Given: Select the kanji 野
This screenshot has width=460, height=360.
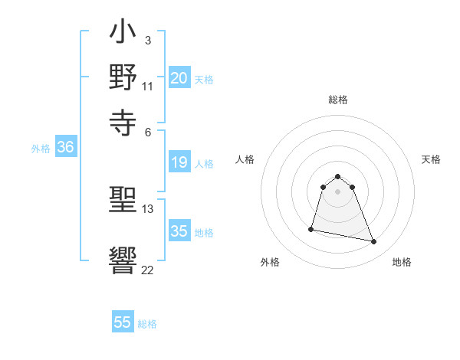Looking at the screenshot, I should (x=123, y=78).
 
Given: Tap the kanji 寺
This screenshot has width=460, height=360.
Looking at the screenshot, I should (x=123, y=121).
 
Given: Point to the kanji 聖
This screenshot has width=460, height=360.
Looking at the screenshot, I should (x=123, y=202).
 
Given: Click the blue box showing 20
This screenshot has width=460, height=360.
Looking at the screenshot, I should (x=179, y=78).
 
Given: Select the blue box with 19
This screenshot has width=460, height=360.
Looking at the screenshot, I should (x=179, y=162).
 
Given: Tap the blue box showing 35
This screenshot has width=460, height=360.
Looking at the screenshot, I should (x=179, y=231).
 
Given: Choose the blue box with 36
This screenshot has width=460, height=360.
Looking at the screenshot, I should (x=65, y=148).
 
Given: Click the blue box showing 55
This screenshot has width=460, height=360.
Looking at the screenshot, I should (x=123, y=322).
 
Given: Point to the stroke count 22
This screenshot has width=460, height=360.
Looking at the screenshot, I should (x=148, y=270).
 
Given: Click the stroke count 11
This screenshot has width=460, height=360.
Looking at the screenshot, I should (x=148, y=87).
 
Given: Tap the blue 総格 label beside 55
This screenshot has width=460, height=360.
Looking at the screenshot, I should (x=147, y=324).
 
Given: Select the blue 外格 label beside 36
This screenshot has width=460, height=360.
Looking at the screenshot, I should (x=40, y=149).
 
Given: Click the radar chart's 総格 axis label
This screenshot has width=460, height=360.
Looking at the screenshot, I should (x=338, y=100).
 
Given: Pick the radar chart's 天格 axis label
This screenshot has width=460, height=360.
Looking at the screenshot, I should (x=431, y=159).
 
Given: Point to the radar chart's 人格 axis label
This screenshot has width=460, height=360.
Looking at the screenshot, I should (x=245, y=159).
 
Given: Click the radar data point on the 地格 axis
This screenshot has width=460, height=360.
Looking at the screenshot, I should (x=374, y=242).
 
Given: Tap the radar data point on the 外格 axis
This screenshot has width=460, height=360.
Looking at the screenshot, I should (x=311, y=228).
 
